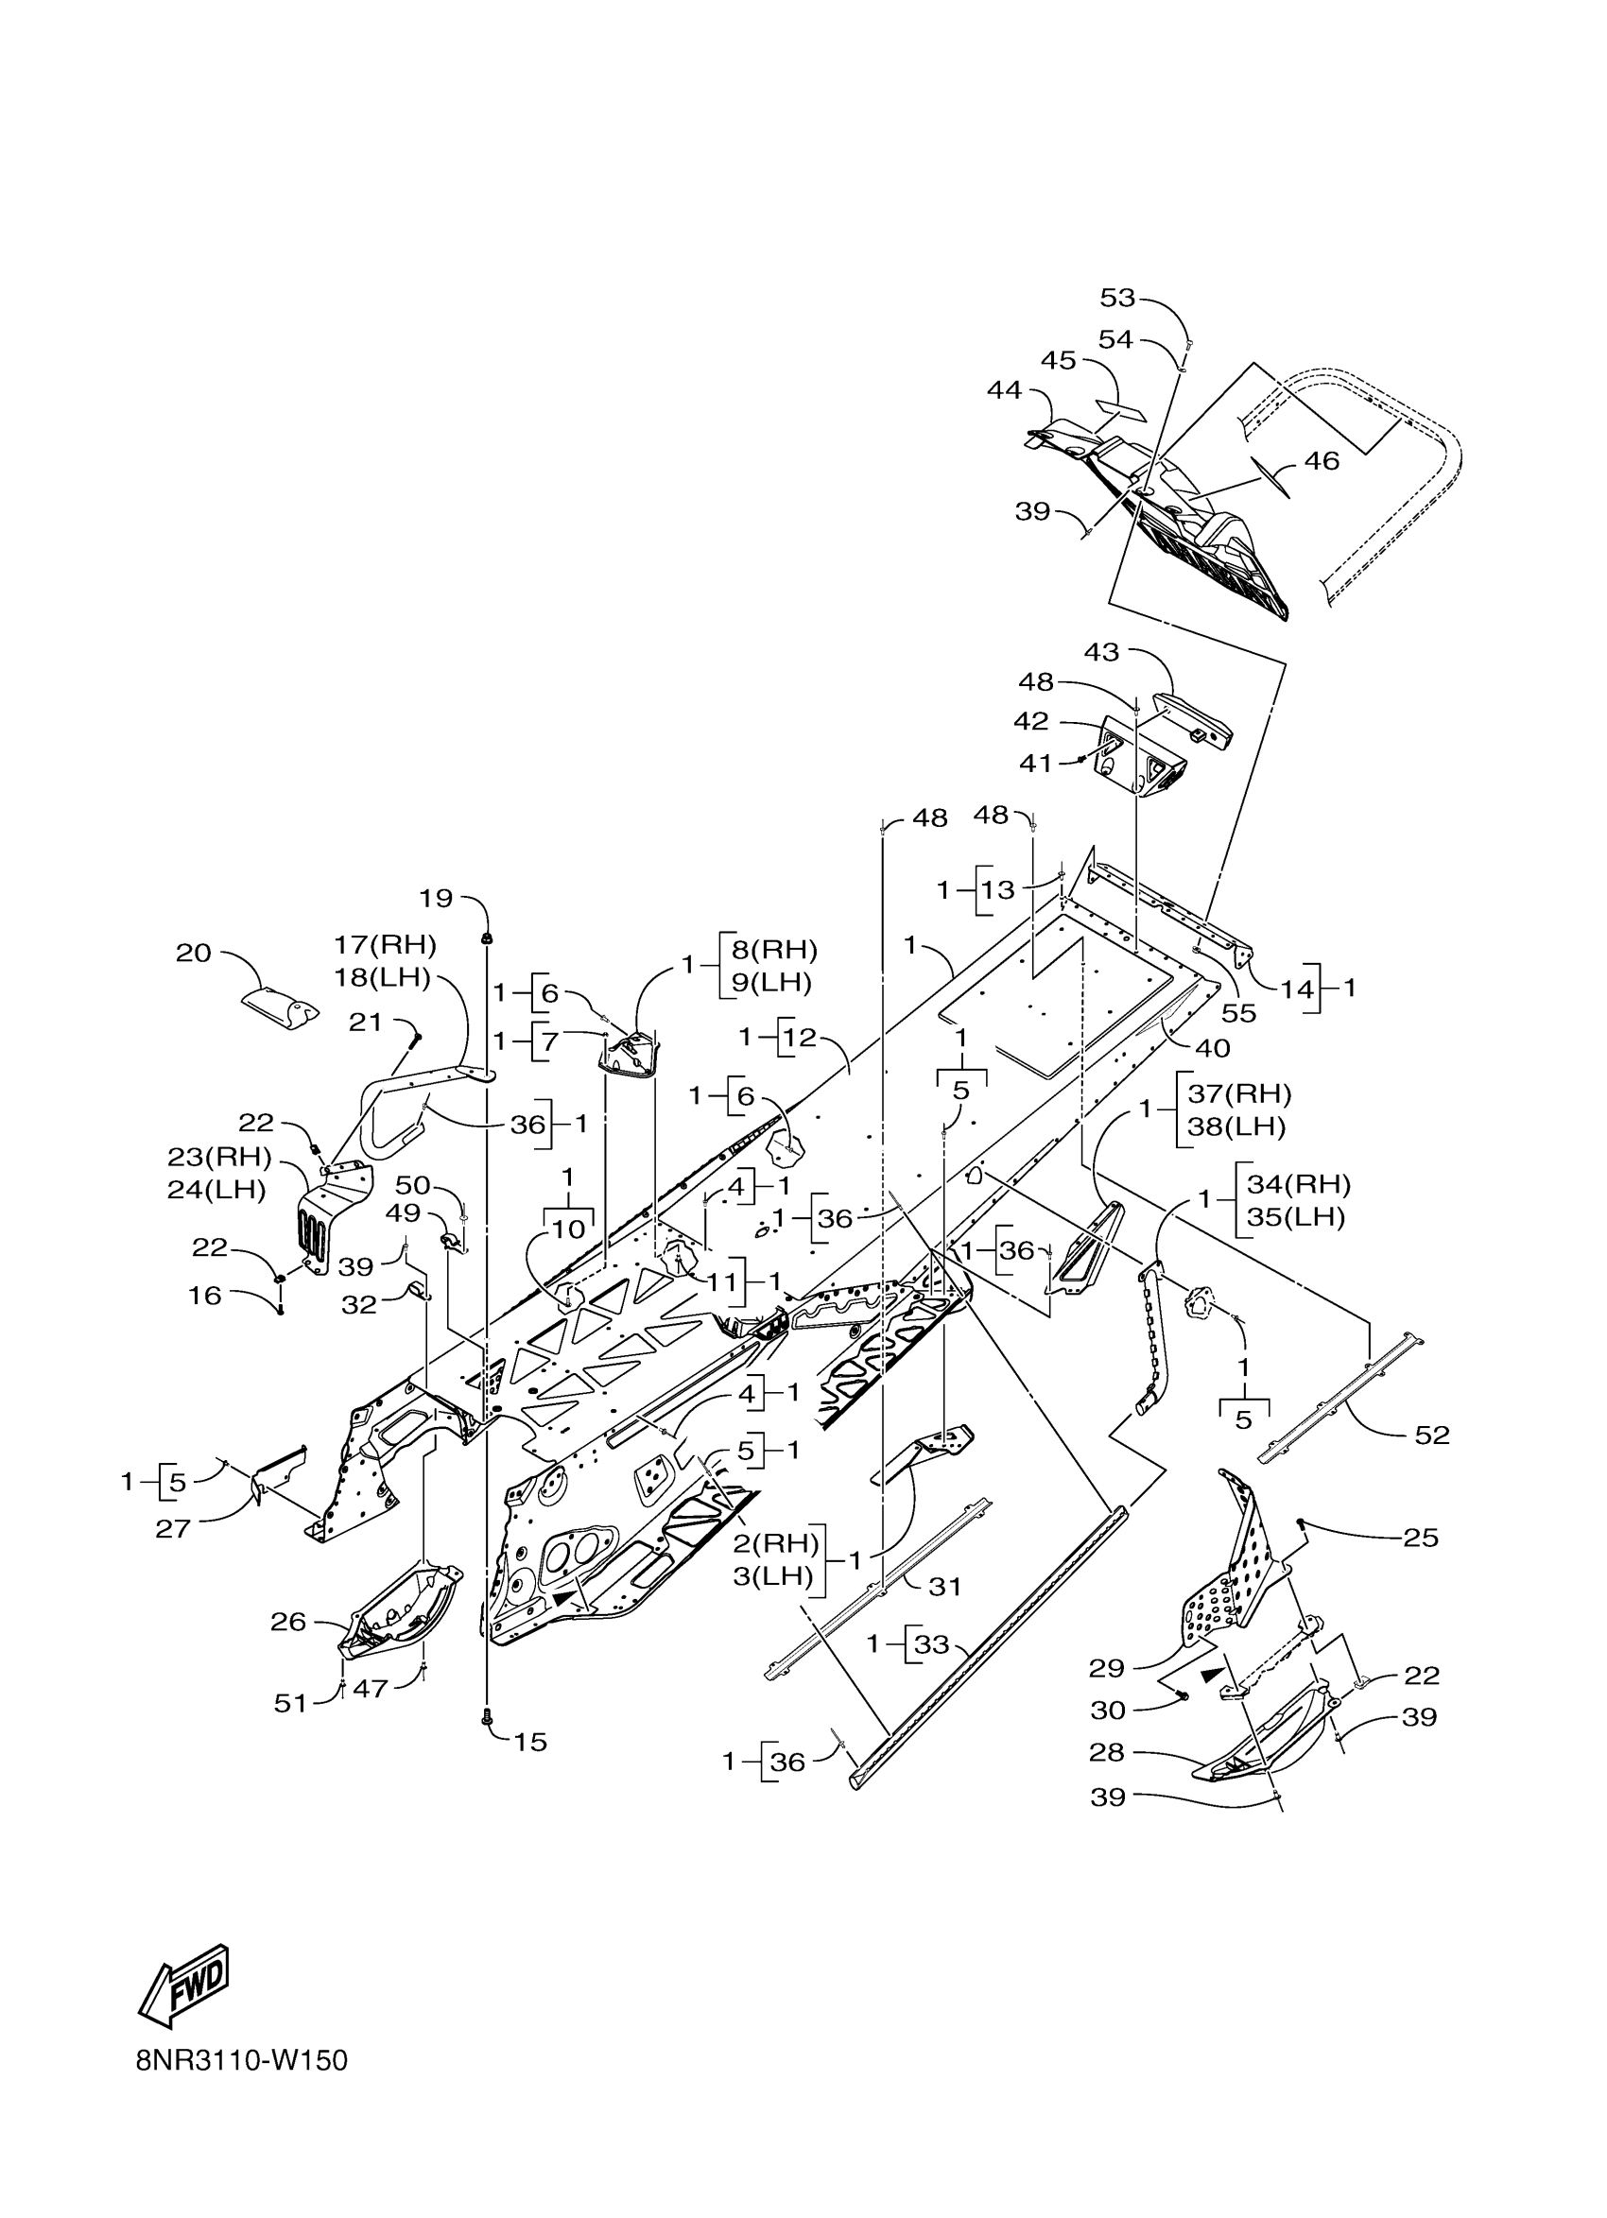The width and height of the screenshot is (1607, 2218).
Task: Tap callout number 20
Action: click(x=194, y=953)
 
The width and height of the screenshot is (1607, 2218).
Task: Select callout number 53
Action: click(x=1117, y=298)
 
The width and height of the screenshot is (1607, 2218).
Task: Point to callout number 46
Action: click(x=1322, y=460)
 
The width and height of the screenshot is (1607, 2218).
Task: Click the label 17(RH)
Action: click(x=384, y=945)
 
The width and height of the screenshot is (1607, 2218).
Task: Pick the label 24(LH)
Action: click(x=216, y=1189)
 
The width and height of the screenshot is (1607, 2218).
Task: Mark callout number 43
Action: click(x=1101, y=651)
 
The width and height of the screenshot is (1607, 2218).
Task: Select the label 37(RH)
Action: click(x=1239, y=1093)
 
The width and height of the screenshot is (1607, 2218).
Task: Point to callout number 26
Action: click(x=288, y=1622)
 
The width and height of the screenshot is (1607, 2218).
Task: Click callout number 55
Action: click(x=1238, y=1013)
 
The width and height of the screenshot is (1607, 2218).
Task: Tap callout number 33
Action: click(x=930, y=1644)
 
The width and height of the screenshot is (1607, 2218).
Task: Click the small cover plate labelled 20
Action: click(x=280, y=1007)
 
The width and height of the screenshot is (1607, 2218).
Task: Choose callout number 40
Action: click(x=1213, y=1048)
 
